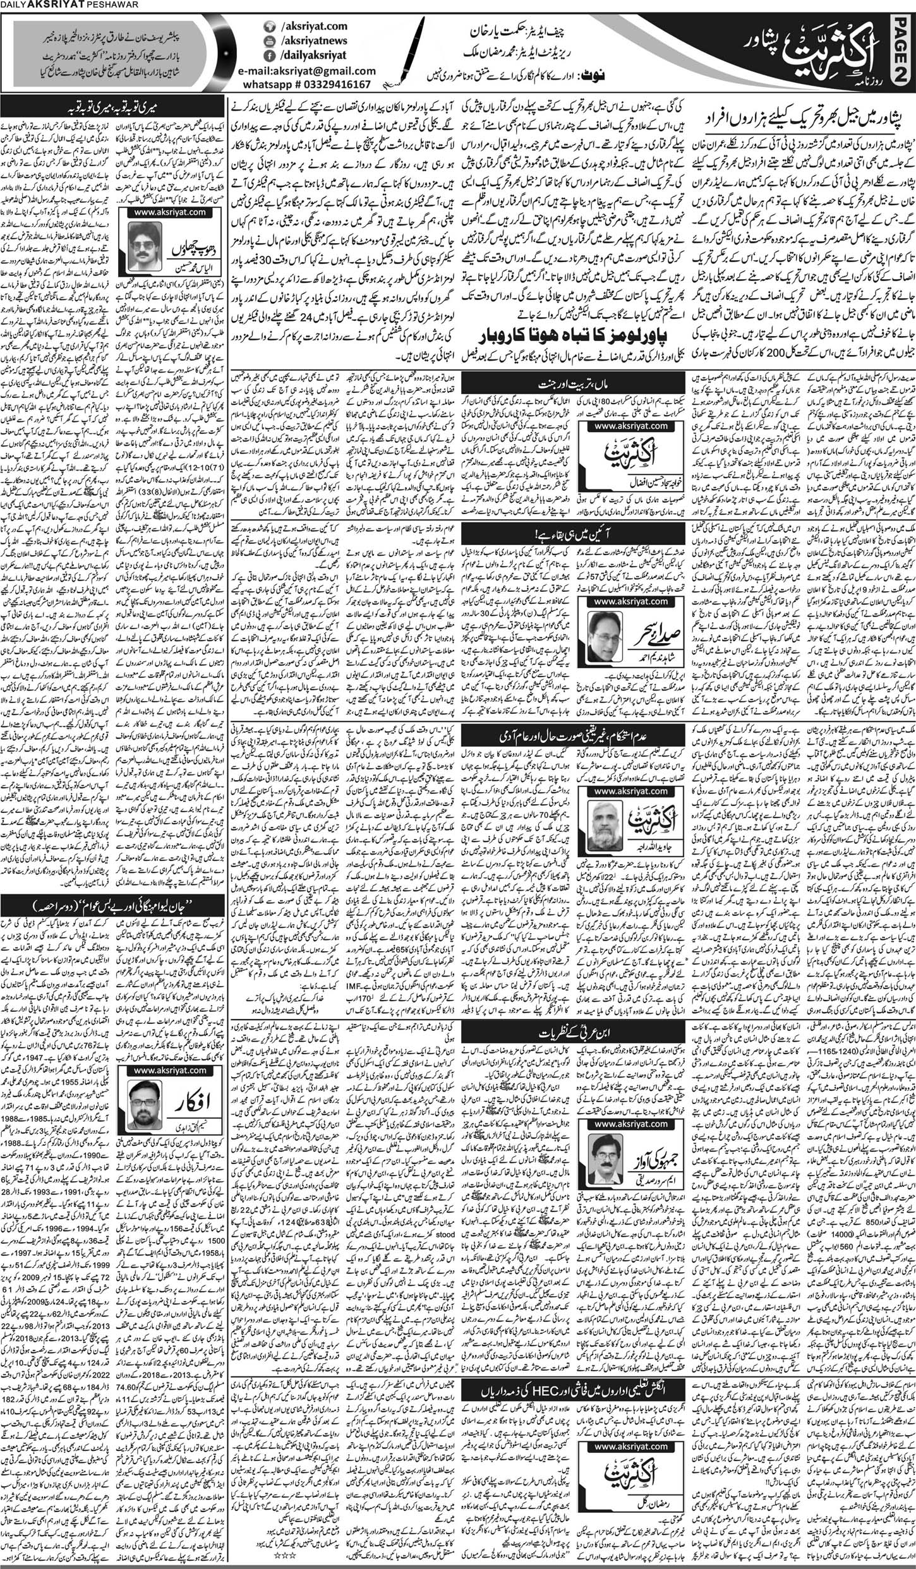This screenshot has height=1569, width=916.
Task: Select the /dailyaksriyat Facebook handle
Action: (312, 55)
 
